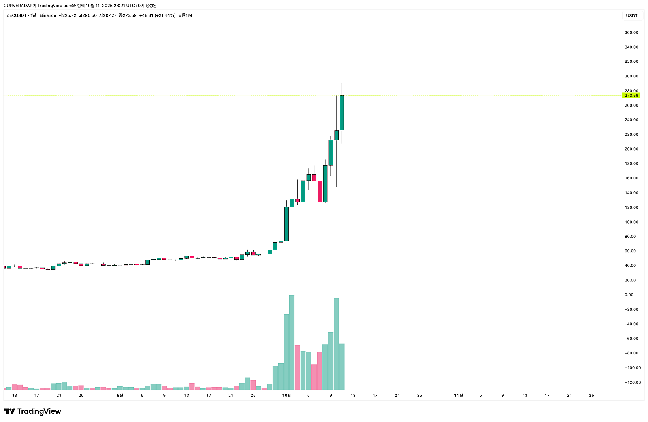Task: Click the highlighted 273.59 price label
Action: click(x=631, y=96)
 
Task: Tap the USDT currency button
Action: click(x=631, y=16)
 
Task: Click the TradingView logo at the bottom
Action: click(x=33, y=411)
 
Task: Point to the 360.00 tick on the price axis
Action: click(x=631, y=32)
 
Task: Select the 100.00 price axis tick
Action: click(x=631, y=222)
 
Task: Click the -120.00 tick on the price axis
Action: click(x=632, y=382)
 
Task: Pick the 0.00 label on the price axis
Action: click(x=629, y=295)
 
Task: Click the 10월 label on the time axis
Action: click(x=286, y=395)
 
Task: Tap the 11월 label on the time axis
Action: click(x=458, y=395)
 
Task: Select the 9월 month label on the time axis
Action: click(x=120, y=395)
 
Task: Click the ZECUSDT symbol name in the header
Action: click(x=17, y=15)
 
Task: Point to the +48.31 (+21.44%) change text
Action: click(x=157, y=15)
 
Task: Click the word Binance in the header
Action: click(x=48, y=15)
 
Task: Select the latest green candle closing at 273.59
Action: click(x=342, y=113)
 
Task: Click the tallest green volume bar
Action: click(x=292, y=342)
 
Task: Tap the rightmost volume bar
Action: click(x=342, y=367)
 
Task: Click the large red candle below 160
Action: click(x=320, y=191)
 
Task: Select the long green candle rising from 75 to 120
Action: click(x=286, y=224)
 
